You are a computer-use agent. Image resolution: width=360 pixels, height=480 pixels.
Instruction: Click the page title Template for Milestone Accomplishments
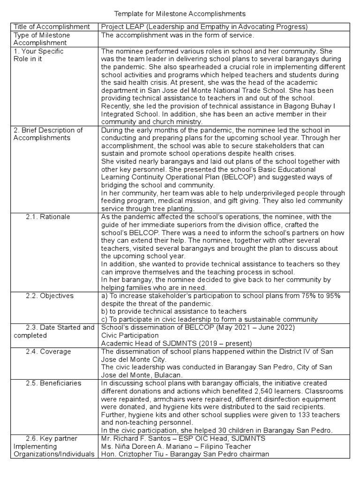click(x=180, y=15)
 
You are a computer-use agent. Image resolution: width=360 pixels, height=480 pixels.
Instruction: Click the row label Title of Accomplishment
click(x=52, y=27)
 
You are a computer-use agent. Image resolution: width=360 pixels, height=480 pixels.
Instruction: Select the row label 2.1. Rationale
click(x=47, y=217)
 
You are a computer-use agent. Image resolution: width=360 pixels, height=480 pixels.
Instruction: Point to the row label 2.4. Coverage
click(x=48, y=352)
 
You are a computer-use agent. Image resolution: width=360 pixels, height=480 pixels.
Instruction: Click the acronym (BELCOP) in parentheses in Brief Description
click(x=222, y=177)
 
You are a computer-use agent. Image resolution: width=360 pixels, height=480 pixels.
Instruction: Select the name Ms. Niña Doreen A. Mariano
click(x=150, y=446)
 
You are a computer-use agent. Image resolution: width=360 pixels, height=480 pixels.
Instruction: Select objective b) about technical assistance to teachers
click(x=173, y=311)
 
